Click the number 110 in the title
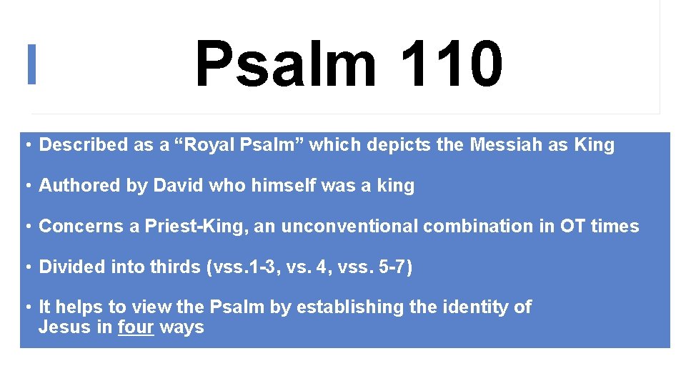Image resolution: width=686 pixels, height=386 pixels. (452, 64)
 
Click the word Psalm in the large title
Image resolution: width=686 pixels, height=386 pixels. (285, 64)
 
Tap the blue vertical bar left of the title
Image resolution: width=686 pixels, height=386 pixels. (31, 64)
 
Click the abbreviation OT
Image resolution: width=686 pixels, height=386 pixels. (574, 227)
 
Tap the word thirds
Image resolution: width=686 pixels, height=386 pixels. (176, 267)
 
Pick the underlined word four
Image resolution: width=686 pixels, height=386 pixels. (136, 328)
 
